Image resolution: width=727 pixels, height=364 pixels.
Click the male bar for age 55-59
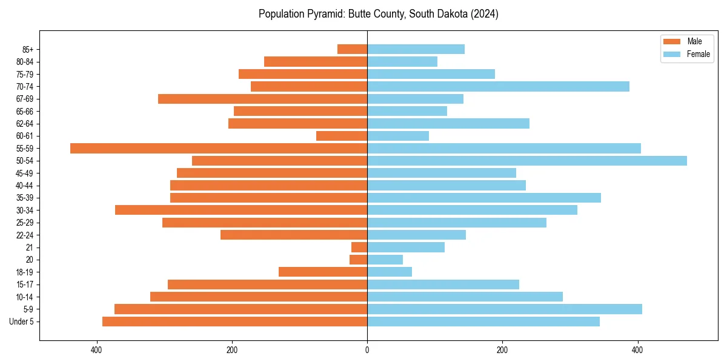coord(219,148)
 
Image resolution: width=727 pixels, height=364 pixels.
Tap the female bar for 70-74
coord(498,86)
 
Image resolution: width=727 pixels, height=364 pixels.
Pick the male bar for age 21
coord(359,247)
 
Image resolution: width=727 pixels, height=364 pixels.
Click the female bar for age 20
coord(385,260)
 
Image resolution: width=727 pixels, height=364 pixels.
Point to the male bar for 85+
coord(352,49)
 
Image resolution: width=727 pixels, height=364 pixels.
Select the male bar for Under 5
coord(234,322)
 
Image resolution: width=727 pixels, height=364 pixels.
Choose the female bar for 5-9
coord(505,309)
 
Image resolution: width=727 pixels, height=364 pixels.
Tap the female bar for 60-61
coord(398,136)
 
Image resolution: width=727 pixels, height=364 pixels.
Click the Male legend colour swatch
coord(672,41)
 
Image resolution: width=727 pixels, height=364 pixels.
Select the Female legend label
coord(699,54)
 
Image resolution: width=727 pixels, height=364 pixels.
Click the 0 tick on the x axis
coord(367,350)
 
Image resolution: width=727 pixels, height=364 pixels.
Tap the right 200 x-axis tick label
coord(502,350)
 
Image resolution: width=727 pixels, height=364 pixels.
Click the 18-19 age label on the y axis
coord(25,272)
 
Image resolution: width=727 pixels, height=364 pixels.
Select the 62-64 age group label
coord(25,124)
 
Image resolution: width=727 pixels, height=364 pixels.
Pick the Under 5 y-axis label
coord(22,322)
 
